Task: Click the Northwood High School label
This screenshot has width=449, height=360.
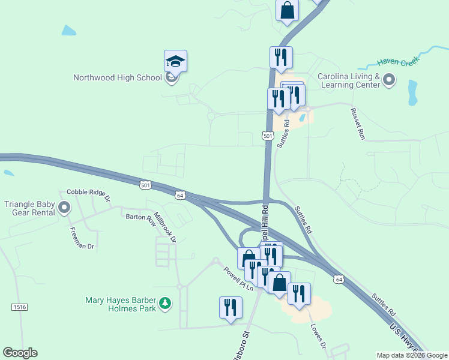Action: tap(117, 77)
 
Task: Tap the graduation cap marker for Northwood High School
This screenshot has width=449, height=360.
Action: tap(175, 61)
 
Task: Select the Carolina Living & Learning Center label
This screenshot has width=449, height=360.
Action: tap(349, 80)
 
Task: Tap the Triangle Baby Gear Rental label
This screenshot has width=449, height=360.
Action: tap(30, 208)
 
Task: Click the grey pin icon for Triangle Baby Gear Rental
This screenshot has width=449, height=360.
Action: tap(65, 208)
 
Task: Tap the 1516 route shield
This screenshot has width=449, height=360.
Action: tap(19, 307)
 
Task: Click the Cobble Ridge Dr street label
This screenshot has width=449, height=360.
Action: tap(89, 194)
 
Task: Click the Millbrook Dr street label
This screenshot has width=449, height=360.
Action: tap(165, 227)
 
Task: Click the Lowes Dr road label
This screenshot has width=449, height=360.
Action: tap(318, 337)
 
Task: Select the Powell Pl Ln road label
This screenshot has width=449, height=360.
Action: tap(239, 278)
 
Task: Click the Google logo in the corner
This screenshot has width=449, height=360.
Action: tap(20, 353)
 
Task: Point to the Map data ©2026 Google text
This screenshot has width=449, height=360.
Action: tap(412, 355)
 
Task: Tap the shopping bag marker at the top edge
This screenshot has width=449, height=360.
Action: tap(287, 10)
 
